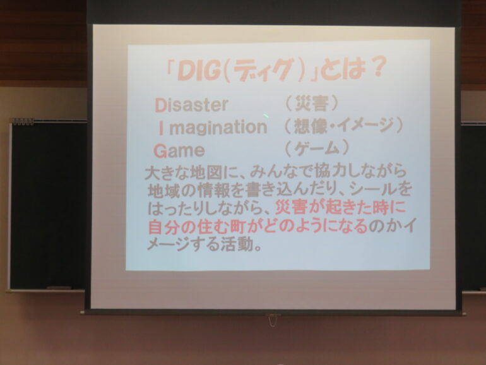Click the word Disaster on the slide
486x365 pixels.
pyautogui.click(x=191, y=105)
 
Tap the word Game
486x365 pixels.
pyautogui.click(x=179, y=152)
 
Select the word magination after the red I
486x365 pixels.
pyautogui.click(x=218, y=128)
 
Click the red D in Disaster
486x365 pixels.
pyautogui.click(x=160, y=105)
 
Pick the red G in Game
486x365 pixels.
pyautogui.click(x=160, y=152)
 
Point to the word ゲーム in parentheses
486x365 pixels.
pyautogui.click(x=316, y=148)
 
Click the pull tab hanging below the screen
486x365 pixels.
pyautogui.click(x=272, y=320)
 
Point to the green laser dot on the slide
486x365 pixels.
pyautogui.click(x=266, y=116)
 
